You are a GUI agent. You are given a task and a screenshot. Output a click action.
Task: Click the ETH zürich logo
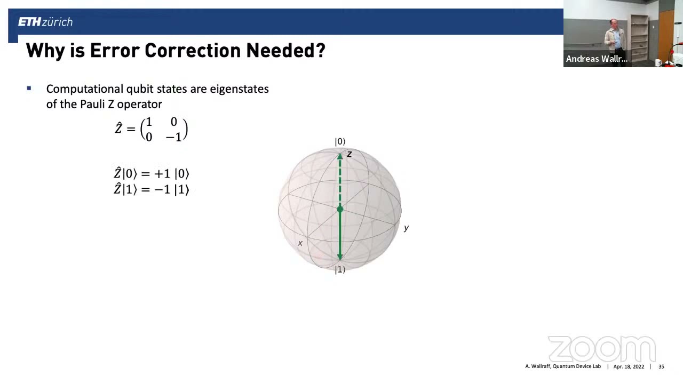pos(45,22)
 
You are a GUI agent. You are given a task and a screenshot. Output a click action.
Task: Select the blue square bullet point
pos(29,89)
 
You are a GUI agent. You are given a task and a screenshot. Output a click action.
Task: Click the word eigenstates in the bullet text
pos(239,89)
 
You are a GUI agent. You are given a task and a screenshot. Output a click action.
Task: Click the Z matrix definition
pos(152,130)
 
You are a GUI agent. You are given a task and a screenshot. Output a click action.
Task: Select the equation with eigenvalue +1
pos(152,173)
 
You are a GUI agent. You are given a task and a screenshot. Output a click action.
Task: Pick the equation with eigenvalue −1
pos(152,189)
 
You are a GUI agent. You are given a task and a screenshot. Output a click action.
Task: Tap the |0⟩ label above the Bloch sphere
pos(340,141)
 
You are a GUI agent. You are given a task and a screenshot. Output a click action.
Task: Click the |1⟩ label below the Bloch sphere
pos(340,270)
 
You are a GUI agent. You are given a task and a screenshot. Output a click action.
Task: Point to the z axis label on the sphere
pos(350,154)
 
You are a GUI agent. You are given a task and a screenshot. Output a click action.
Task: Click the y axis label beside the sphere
pos(406,228)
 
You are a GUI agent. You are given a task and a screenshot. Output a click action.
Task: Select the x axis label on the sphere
pos(300,243)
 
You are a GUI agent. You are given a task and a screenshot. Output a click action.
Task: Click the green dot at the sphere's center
pos(340,210)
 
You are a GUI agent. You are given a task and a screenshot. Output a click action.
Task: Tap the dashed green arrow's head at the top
pos(340,156)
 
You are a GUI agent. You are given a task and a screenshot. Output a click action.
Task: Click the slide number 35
pos(661,366)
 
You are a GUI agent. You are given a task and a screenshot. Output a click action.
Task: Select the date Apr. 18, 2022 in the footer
pos(629,366)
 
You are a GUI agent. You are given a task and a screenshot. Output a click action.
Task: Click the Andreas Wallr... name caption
pos(596,59)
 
